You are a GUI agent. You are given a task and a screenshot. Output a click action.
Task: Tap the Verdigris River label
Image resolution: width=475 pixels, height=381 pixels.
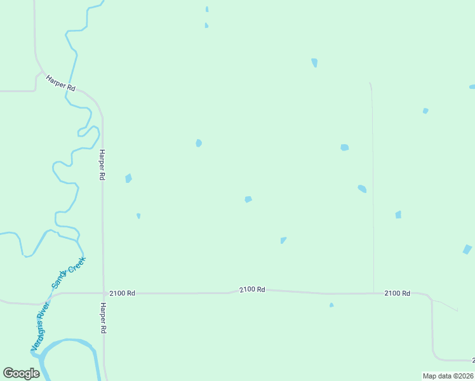(x=41, y=327)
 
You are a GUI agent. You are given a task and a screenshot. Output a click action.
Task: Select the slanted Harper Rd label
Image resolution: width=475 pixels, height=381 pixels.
(x=60, y=84)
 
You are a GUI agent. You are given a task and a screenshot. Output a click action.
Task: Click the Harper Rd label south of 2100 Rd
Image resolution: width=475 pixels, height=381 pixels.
(x=102, y=318)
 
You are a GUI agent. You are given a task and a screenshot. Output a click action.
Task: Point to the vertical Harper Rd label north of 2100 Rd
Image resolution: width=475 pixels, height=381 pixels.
(x=102, y=165)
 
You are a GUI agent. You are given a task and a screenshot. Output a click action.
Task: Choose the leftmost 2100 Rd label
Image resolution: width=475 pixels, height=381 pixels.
(x=122, y=293)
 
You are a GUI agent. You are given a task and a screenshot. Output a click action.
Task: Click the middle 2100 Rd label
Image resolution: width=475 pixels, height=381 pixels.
(x=252, y=290)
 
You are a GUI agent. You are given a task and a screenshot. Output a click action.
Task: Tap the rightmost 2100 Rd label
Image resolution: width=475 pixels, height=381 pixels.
(x=397, y=293)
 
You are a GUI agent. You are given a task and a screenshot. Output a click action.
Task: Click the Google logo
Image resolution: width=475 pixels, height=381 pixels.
(x=21, y=373)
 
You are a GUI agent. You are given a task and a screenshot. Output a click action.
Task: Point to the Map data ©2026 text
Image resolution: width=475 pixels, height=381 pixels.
(x=448, y=376)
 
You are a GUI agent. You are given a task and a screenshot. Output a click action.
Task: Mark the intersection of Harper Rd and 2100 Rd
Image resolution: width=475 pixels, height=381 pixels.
(x=104, y=293)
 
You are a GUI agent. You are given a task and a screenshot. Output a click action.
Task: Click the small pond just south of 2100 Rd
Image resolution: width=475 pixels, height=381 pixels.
(x=331, y=305)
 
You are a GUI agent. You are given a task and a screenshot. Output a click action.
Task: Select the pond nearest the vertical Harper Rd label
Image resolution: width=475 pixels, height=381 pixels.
(x=128, y=178)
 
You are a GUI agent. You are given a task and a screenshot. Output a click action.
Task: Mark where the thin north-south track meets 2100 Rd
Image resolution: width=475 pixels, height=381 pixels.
(x=373, y=293)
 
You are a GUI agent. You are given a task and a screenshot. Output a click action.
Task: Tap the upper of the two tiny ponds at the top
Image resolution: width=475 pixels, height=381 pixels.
(x=207, y=10)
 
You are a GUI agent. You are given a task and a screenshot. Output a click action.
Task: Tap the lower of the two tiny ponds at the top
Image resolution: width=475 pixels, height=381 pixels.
(x=206, y=25)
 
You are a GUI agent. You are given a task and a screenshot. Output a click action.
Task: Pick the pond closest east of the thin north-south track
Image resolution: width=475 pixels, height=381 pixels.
(x=398, y=215)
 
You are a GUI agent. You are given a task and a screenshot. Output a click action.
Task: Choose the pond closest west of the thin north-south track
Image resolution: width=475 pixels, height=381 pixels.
(x=362, y=189)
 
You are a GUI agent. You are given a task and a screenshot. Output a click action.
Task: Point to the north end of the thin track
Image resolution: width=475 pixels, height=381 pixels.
(x=370, y=83)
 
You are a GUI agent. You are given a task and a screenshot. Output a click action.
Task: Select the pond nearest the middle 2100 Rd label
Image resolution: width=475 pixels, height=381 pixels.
(x=283, y=240)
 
